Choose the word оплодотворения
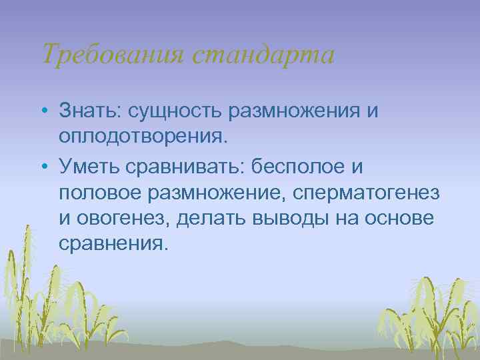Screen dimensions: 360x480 coord(143,136)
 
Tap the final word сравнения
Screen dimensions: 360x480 coord(110,244)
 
